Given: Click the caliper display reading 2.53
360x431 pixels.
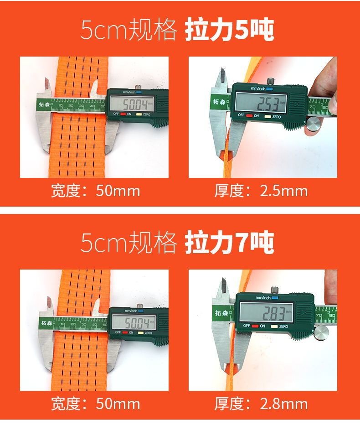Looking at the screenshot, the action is pos(261,103).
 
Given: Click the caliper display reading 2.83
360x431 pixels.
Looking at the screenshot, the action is pos(266,312).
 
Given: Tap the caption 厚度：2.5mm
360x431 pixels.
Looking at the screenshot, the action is pos(261,191).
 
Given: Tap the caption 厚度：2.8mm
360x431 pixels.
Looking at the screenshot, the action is pos(261,404).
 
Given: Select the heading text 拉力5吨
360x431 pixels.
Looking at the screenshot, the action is pos(229,30).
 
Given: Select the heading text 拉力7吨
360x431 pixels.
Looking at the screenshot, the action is pos(229,243).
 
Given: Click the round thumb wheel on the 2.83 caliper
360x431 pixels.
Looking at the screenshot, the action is pos(322,332).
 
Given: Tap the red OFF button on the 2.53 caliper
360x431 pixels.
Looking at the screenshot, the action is pos(249,116).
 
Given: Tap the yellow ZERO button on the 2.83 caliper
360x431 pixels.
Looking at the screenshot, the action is pos(274,327).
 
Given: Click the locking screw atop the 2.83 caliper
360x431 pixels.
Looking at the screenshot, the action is pos(274,290).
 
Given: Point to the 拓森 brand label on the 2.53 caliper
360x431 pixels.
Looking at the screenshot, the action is pos(219,102).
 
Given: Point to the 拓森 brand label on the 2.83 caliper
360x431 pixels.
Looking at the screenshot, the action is pos(221,313).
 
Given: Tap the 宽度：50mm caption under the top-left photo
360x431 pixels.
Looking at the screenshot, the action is pos(96,191).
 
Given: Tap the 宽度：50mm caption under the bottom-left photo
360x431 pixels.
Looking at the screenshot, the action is pos(96,404).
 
